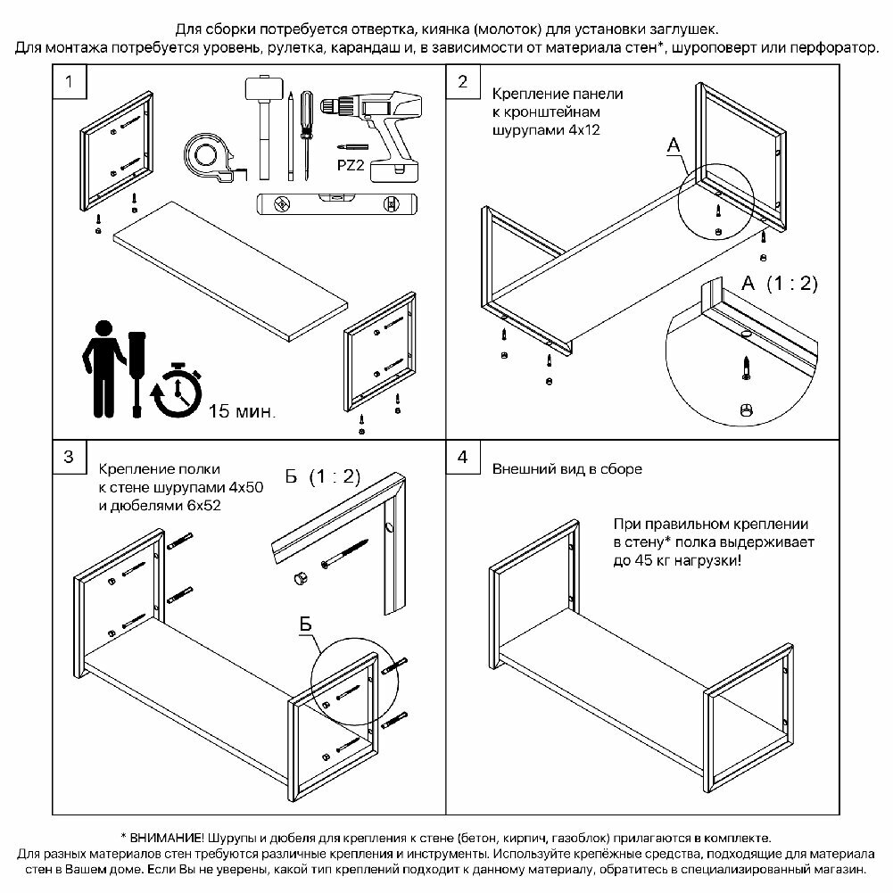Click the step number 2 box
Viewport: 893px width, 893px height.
(x=462, y=82)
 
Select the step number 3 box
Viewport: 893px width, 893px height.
(x=70, y=458)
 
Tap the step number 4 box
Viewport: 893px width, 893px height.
(x=462, y=458)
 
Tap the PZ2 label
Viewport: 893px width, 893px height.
(x=351, y=167)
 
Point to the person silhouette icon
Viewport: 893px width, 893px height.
(x=103, y=366)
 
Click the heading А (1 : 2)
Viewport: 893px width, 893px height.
(x=779, y=284)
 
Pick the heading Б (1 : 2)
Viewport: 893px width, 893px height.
(x=321, y=476)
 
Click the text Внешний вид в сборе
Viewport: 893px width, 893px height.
(x=566, y=469)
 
